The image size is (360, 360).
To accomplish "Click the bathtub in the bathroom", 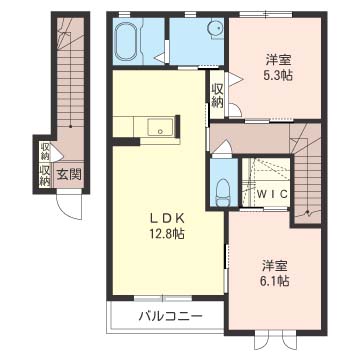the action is coord(126,42).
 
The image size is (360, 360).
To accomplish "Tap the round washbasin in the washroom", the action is coord(215,28).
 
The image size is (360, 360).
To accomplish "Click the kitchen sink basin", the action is coord(160,127).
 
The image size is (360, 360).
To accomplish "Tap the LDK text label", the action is coord(166,219).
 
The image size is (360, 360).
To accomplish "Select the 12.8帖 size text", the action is coord(167,234).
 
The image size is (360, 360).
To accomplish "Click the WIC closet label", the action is coord(273,194).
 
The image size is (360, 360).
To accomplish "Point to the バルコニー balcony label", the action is coord(170,315).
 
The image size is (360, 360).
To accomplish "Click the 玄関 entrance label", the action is coord(69,174).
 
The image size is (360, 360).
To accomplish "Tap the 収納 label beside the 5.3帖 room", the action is coord(217,96).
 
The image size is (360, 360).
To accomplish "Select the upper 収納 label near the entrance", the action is coord(45,151).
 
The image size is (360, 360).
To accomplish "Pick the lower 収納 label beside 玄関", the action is coord(45,175).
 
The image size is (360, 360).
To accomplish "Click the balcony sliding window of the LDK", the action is coord(163,298).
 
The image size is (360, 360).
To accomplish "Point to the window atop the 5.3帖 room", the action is coord(266,14).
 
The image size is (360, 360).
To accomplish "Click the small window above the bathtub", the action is coord(124,14).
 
